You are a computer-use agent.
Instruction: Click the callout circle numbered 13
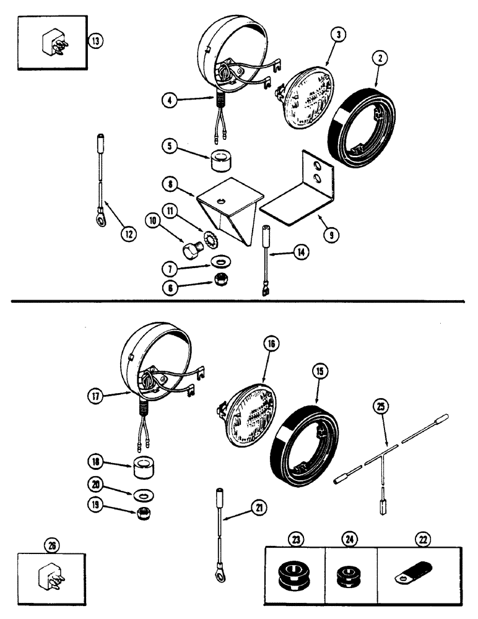coord(95,42)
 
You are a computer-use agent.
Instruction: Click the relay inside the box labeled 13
coord(53,41)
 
